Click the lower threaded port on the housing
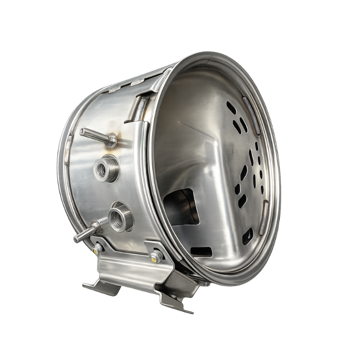[117, 216]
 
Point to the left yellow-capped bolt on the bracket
[98, 248]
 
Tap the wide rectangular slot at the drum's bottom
[201, 252]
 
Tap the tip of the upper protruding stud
[82, 131]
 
